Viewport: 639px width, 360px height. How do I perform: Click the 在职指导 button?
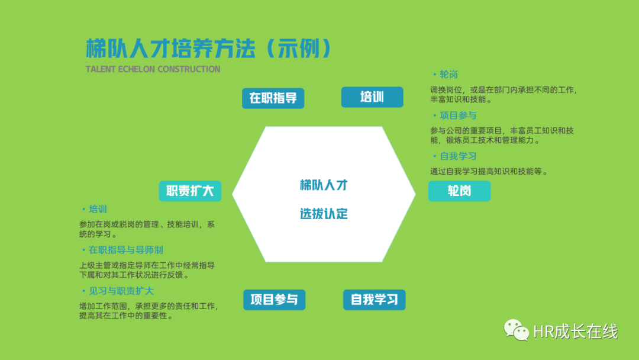pyautogui.click(x=273, y=98)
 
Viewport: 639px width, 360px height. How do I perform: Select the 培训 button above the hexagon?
pyautogui.click(x=372, y=97)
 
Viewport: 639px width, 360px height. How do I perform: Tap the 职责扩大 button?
pyautogui.click(x=190, y=191)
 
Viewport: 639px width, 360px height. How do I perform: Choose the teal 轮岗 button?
pyautogui.click(x=459, y=191)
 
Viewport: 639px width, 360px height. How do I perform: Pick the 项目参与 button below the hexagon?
pyautogui.click(x=275, y=300)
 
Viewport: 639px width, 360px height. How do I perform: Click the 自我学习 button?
pyautogui.click(x=374, y=300)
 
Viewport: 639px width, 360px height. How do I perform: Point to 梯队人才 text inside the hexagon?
pyautogui.click(x=324, y=185)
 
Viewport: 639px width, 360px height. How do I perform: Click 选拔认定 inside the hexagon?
pyautogui.click(x=324, y=214)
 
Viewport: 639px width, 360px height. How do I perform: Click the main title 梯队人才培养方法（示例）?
pyautogui.click(x=209, y=49)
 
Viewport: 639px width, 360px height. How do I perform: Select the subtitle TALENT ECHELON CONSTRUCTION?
pyautogui.click(x=153, y=69)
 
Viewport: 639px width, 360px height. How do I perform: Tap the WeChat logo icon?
pyautogui.click(x=517, y=330)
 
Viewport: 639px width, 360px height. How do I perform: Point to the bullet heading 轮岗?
pyautogui.click(x=448, y=75)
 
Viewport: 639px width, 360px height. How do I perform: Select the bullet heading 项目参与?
pyautogui.click(x=458, y=115)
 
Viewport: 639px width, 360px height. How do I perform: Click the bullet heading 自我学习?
pyautogui.click(x=458, y=156)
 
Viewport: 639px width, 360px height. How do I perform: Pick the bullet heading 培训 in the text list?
pyautogui.click(x=98, y=209)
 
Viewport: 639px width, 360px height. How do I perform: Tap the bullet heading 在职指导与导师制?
pyautogui.click(x=126, y=250)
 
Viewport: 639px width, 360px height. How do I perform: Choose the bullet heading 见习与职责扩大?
pyautogui.click(x=121, y=291)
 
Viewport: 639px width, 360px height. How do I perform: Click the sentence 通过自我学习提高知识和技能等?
pyautogui.click(x=486, y=172)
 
